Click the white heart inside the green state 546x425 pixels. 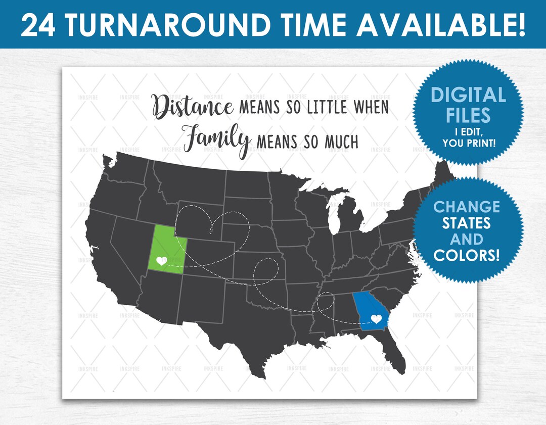pos(161,261)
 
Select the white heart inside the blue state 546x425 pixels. pos(376,319)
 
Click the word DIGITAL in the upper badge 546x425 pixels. pos(468,96)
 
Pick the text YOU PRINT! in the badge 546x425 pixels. pos(468,144)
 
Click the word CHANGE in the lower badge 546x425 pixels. pos(467,207)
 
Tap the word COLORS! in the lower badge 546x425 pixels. pos(467,255)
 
